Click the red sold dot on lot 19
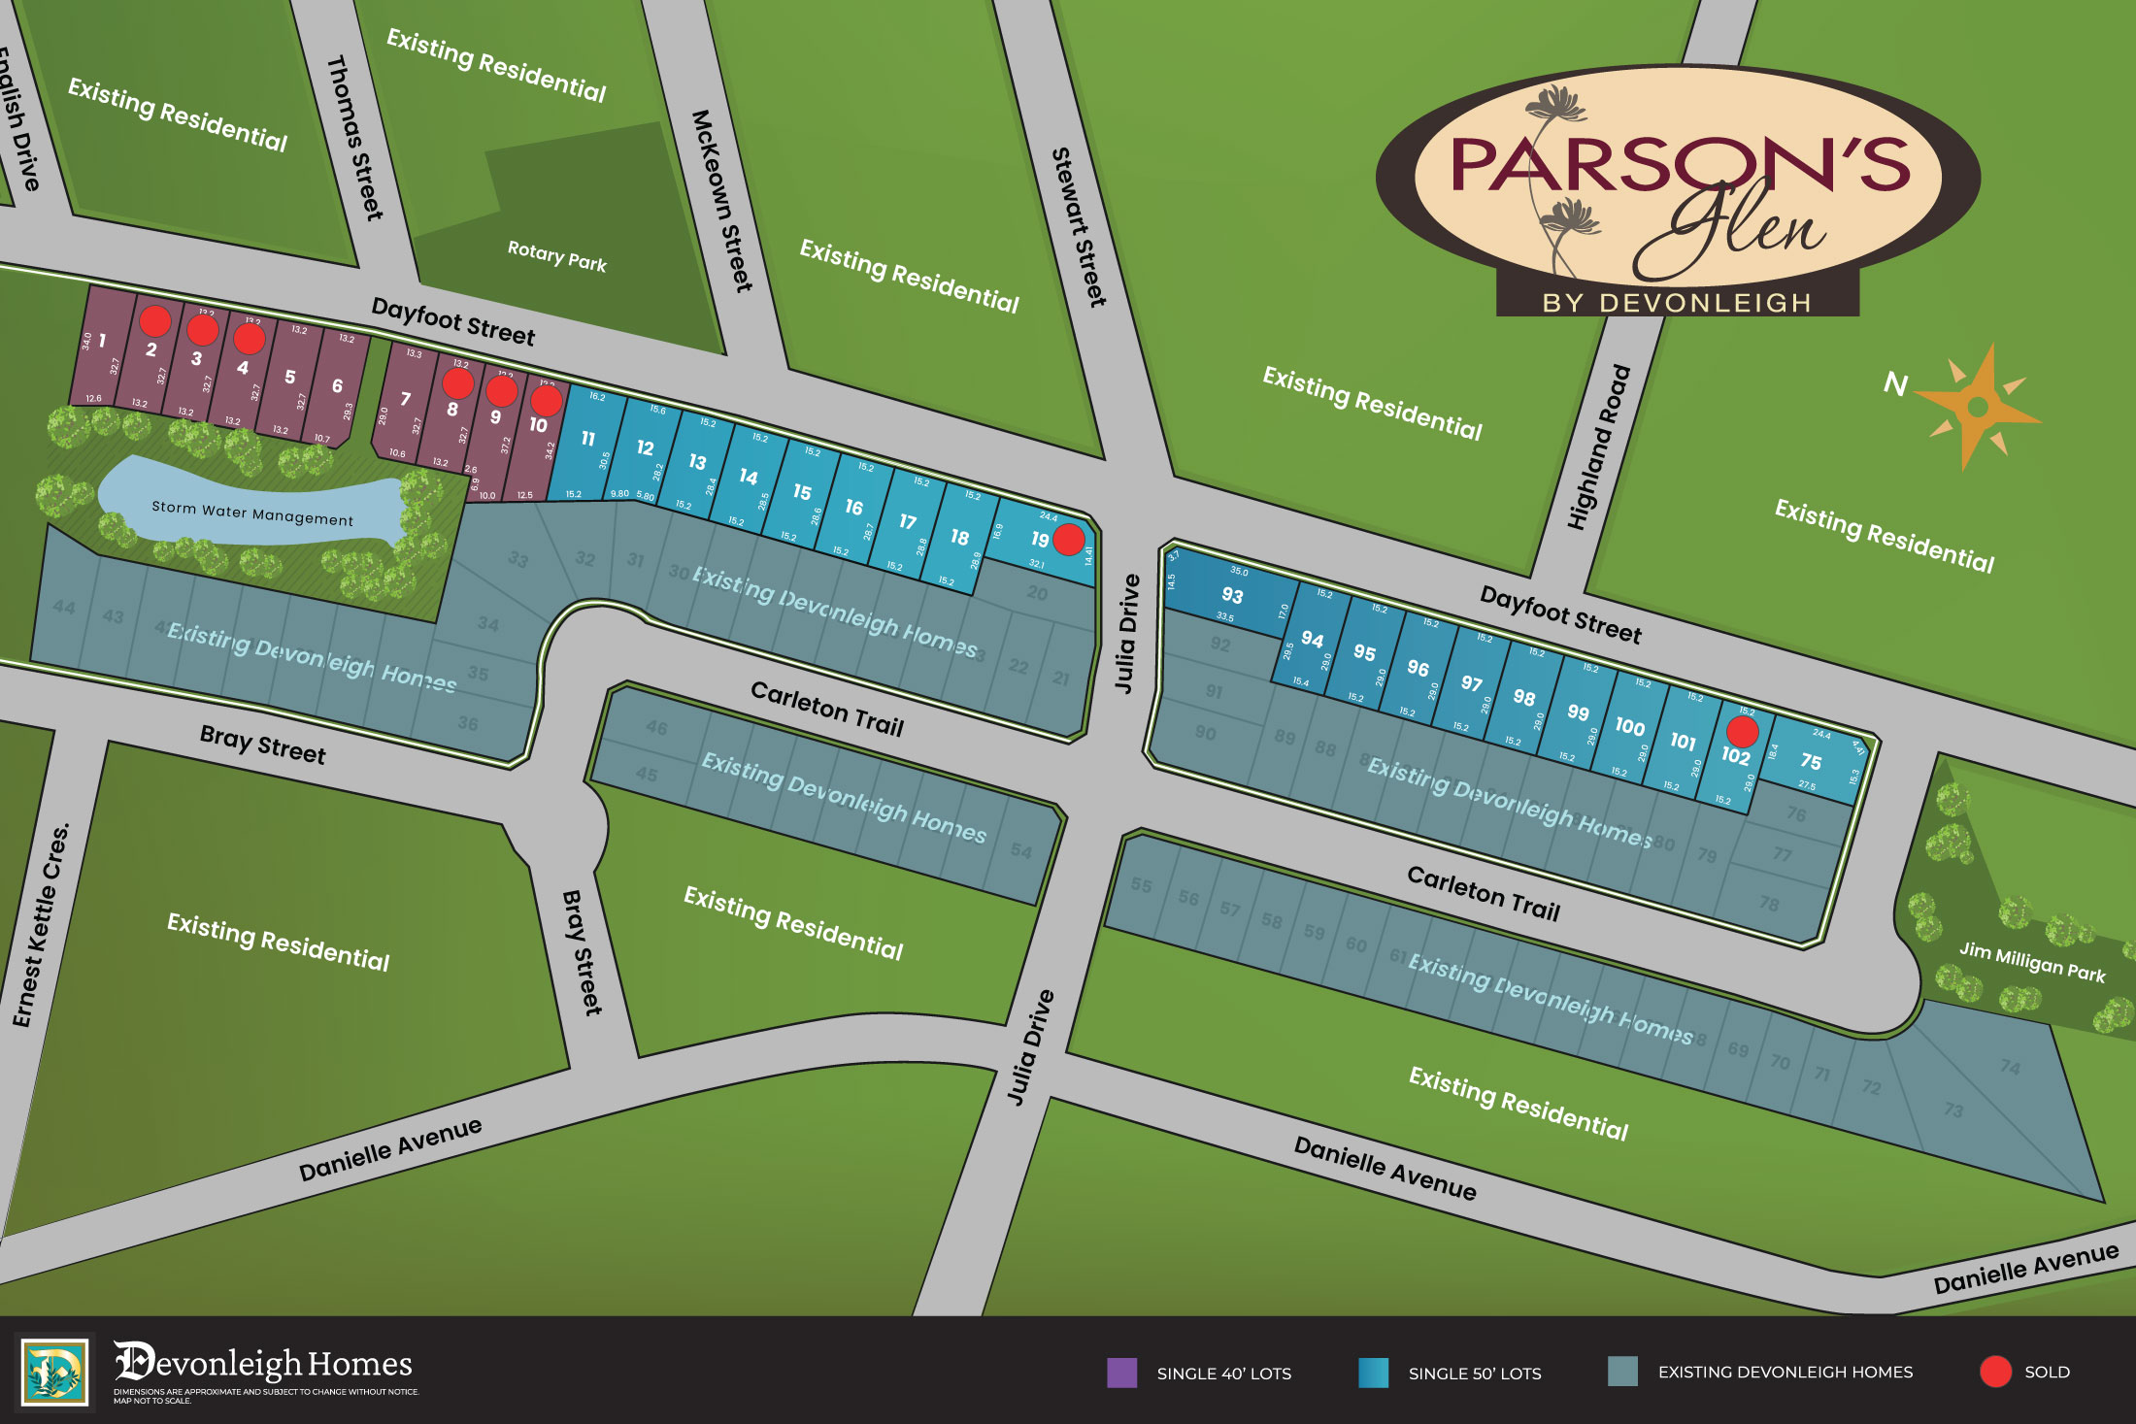click(x=1068, y=539)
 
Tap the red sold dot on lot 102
click(x=1742, y=731)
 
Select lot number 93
click(x=1232, y=595)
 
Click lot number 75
click(x=1811, y=762)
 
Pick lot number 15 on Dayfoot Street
click(x=802, y=492)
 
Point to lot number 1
click(x=102, y=341)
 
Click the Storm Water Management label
click(x=252, y=513)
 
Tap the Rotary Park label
click(x=556, y=256)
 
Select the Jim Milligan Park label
click(x=2031, y=961)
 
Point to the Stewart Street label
click(x=1079, y=227)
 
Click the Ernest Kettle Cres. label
click(x=41, y=924)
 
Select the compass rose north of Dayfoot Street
click(x=1977, y=407)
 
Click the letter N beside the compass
click(x=1895, y=384)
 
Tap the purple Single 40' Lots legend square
click(x=1121, y=1373)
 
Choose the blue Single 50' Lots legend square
click(x=1373, y=1373)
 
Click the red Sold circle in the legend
click(x=1994, y=1372)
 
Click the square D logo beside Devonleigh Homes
click(x=54, y=1372)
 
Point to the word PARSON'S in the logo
click(x=1680, y=165)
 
